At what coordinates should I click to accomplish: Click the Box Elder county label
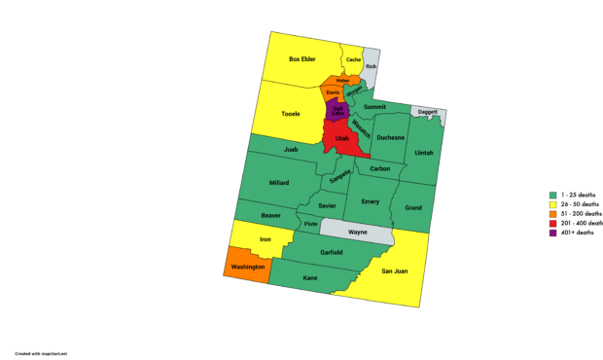pos(303,60)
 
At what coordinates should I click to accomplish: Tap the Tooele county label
pos(291,114)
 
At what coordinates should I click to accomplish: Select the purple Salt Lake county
pos(337,110)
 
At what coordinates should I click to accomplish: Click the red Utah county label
pos(341,139)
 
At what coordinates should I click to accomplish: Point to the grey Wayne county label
pos(357,233)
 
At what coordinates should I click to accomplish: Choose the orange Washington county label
pos(248,265)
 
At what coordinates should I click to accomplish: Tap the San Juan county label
pos(393,270)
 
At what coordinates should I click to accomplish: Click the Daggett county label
pos(429,112)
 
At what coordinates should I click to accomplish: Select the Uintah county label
pos(425,153)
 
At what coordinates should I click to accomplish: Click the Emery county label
pos(370,201)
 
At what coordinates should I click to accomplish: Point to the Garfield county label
pos(331,252)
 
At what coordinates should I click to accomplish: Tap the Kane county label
pos(310,278)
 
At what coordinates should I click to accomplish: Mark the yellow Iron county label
pos(266,238)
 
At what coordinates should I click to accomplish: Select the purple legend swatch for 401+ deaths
pos(552,233)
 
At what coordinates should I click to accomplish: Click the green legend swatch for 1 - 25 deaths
pos(552,194)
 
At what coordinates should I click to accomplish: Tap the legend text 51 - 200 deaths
pos(581,213)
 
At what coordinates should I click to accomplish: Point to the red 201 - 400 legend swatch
pos(552,223)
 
